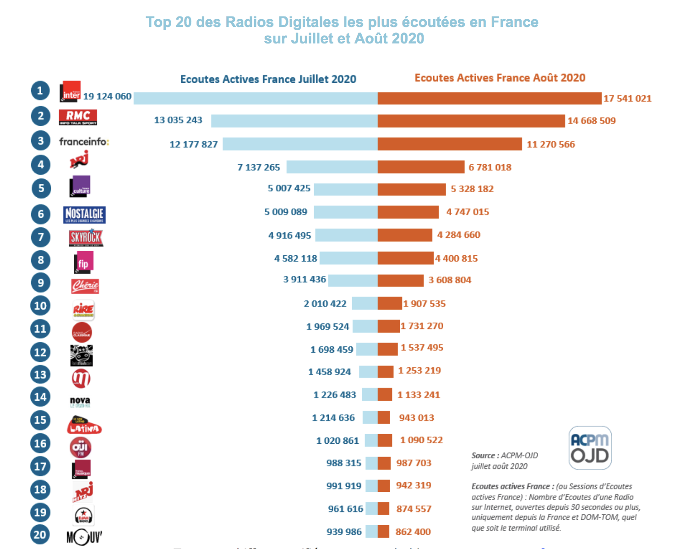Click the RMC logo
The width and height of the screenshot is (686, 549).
pyautogui.click(x=78, y=117)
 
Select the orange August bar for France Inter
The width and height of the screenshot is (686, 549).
pyautogui.click(x=489, y=98)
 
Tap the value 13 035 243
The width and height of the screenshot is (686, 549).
pyautogui.click(x=178, y=120)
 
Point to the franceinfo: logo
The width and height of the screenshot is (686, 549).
pyautogui.click(x=84, y=142)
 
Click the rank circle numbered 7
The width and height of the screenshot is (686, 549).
pyautogui.click(x=41, y=237)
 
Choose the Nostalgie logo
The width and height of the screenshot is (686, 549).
pyautogui.click(x=84, y=215)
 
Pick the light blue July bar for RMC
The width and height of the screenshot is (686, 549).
pyautogui.click(x=294, y=121)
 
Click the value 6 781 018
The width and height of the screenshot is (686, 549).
pyautogui.click(x=490, y=167)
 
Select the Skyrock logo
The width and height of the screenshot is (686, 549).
pyautogui.click(x=86, y=237)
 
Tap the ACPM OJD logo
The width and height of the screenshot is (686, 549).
pyautogui.click(x=590, y=448)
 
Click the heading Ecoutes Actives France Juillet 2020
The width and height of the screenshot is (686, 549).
pyautogui.click(x=268, y=79)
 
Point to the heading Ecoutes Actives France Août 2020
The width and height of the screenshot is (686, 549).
pyautogui.click(x=500, y=78)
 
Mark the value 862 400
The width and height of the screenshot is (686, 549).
pyautogui.click(x=413, y=532)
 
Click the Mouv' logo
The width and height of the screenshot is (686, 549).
pyautogui.click(x=84, y=536)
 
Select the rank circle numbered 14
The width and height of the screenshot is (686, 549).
pyautogui.click(x=40, y=397)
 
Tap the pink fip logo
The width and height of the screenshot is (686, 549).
pyautogui.click(x=84, y=263)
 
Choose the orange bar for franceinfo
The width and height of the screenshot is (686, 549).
pyautogui.click(x=449, y=144)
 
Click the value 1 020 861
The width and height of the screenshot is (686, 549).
pyautogui.click(x=338, y=441)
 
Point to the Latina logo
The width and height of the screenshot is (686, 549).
pyautogui.click(x=84, y=425)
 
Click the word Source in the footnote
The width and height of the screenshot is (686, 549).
pyautogui.click(x=483, y=456)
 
